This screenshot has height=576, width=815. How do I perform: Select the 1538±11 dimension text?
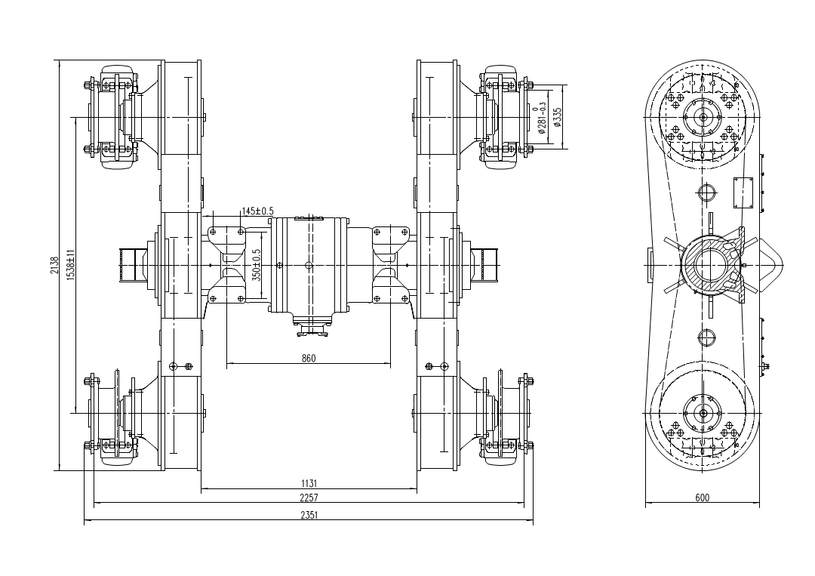point(70,266)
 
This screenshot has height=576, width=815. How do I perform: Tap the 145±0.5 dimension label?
point(257,211)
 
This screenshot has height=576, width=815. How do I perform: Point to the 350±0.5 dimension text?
point(257,265)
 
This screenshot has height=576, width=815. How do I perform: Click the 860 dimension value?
point(308,359)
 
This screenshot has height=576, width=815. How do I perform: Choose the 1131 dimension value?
point(308,483)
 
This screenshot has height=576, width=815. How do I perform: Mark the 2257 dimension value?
point(308,498)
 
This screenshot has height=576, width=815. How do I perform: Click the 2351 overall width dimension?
point(308,516)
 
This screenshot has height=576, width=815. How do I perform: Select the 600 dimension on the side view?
point(702,498)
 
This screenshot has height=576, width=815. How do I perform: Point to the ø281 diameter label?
point(543,119)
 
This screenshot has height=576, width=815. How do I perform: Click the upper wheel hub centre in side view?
point(703,116)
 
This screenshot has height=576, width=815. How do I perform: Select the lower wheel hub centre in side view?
point(703,413)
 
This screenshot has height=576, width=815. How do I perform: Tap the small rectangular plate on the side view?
point(744,193)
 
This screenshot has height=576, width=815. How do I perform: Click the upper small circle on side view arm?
point(706,192)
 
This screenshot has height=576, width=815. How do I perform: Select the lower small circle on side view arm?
point(706,337)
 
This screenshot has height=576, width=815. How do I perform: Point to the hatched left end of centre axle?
point(130,265)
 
